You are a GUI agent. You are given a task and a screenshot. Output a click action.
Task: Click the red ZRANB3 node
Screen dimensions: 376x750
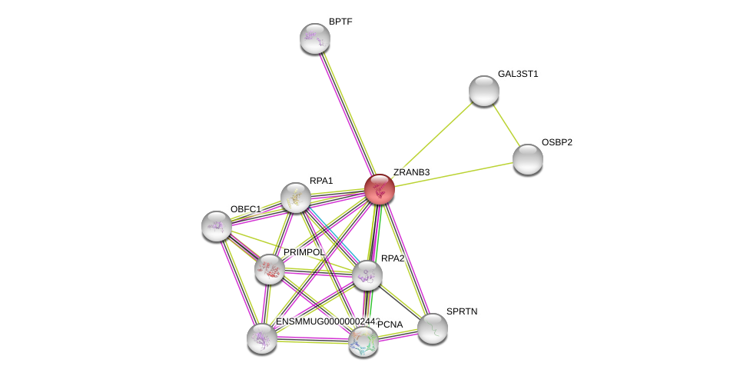[380, 189]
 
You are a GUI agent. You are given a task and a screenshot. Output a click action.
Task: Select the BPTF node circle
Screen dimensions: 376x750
[314, 38]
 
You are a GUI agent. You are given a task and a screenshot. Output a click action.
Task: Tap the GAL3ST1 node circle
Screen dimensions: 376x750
[484, 91]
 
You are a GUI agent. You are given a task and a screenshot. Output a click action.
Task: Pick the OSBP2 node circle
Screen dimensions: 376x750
[528, 159]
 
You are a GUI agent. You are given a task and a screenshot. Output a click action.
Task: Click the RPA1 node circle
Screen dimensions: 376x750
[296, 198]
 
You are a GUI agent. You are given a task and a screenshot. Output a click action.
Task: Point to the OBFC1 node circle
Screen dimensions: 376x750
[217, 226]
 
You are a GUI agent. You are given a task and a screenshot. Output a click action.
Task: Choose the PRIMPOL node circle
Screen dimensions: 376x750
[270, 269]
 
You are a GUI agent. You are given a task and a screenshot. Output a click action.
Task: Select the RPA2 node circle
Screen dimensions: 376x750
[367, 275]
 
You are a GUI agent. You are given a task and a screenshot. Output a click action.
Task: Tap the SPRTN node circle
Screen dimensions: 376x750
[433, 328]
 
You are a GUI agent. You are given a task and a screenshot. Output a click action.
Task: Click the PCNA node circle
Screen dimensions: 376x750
[363, 341]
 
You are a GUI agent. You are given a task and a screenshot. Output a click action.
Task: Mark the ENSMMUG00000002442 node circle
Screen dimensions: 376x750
[262, 338]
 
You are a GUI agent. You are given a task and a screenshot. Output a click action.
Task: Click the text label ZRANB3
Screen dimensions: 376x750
[411, 172]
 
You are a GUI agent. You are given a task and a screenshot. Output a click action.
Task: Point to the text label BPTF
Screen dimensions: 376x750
[340, 22]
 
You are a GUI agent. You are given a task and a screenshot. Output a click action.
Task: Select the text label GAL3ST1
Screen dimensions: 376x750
[518, 74]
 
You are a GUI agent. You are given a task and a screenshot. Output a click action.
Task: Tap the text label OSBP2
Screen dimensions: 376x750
[556, 142]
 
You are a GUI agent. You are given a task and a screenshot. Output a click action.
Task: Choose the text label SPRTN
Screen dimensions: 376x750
[462, 311]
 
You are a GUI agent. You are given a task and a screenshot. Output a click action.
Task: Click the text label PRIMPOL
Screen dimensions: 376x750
[304, 252]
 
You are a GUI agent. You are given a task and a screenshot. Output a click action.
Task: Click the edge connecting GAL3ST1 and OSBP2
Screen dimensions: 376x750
[506, 125]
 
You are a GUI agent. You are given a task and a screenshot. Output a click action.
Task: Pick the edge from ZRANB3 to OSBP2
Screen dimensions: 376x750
[453, 175]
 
